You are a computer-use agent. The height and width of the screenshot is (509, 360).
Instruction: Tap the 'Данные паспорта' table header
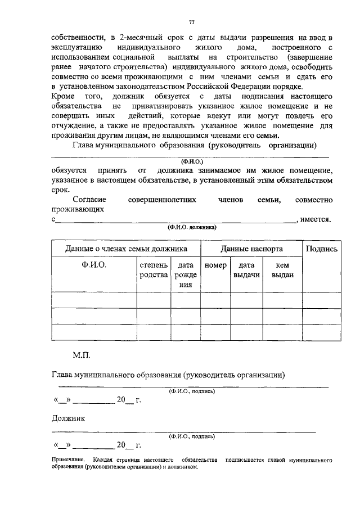pos(251,249)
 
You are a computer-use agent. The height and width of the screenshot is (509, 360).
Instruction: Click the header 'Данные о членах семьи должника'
pos(126,249)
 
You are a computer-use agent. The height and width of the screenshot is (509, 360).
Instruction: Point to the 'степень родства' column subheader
pos(154,269)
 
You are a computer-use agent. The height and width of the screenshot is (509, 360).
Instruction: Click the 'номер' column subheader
pos(215,265)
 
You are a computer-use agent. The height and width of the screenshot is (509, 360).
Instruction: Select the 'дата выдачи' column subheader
pos(246,269)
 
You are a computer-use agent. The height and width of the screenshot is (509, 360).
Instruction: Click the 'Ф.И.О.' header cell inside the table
pos(94,265)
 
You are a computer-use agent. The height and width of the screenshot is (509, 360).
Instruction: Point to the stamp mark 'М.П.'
pos(81,355)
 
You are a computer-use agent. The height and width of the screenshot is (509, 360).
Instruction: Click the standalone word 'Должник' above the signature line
pos(68,418)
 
